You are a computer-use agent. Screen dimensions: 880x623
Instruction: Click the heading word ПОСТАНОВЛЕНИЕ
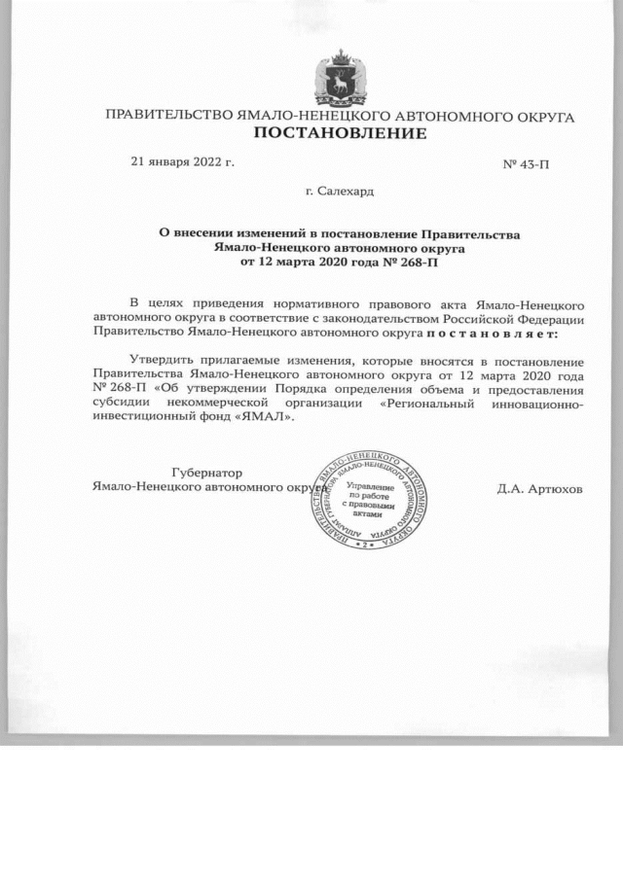(x=340, y=133)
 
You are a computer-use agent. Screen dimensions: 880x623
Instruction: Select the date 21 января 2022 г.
(x=183, y=161)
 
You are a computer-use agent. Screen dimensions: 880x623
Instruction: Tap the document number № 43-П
(x=526, y=163)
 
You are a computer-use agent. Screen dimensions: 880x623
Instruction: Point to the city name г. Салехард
(x=340, y=192)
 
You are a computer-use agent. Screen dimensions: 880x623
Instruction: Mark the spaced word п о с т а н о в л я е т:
(x=496, y=334)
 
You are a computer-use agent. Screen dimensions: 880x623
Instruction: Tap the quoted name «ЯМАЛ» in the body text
(x=264, y=415)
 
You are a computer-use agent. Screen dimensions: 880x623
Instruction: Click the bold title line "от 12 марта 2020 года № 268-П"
(x=340, y=262)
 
